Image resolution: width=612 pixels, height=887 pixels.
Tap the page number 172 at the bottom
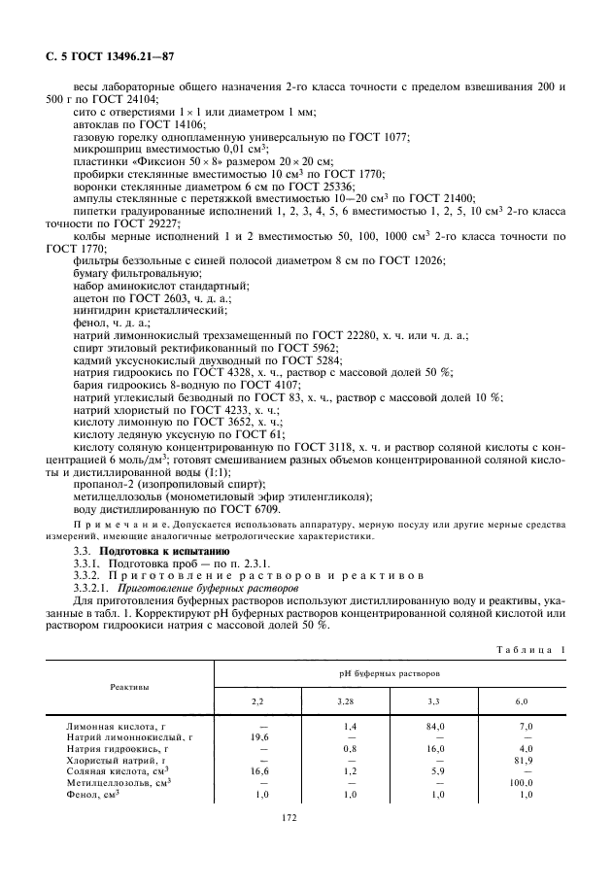(x=288, y=818)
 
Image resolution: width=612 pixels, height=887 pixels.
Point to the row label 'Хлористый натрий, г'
(x=122, y=760)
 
